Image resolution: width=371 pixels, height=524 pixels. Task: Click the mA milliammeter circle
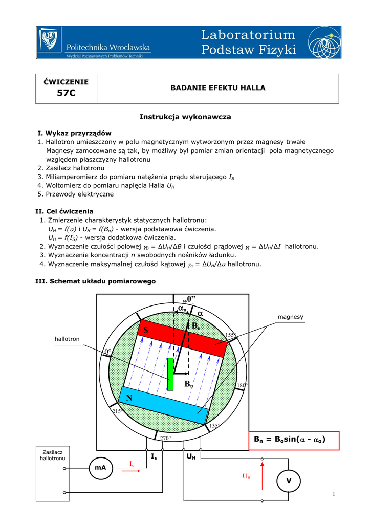pos(100,468)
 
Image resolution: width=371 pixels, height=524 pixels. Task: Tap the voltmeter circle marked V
pos(288,481)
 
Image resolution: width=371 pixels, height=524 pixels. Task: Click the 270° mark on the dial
pos(165,438)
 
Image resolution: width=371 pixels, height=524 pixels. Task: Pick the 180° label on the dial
pos(242,385)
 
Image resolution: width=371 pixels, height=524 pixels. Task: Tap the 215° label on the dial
pos(116,411)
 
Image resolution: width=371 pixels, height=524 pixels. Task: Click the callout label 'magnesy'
pos(290,317)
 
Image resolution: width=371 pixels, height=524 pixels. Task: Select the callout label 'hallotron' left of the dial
pos(67,339)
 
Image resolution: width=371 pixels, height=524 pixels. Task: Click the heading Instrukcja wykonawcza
pos(185,117)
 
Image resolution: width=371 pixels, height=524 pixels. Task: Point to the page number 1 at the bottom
pos(333,493)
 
